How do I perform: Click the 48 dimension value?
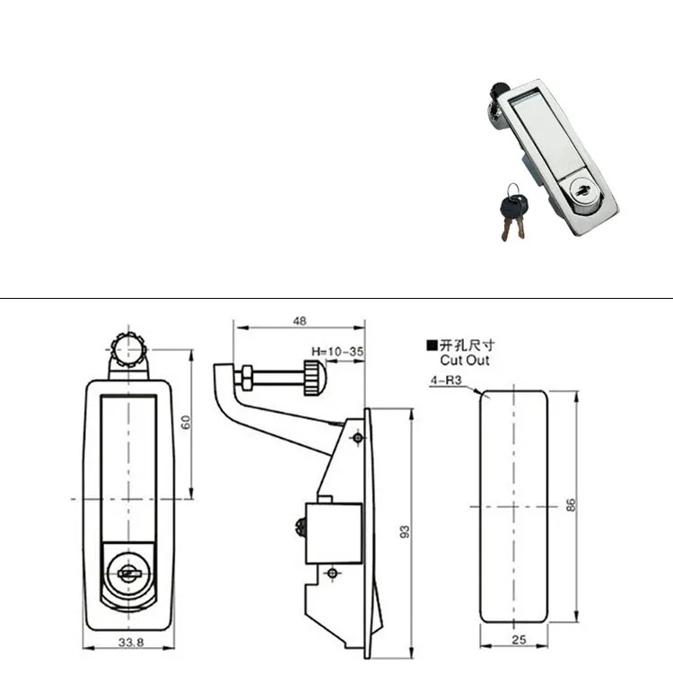pos(300,320)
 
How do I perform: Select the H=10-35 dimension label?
pos(337,352)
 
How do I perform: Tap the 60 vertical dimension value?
pos(186,423)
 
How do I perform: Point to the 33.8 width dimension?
pos(131,642)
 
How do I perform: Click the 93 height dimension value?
pos(405,532)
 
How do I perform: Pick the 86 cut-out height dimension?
pos(571,504)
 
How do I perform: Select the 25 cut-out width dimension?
pos(519,640)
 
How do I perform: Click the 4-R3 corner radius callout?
pos(445,380)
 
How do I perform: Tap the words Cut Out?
pos(465,360)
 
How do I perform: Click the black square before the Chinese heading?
pos(432,345)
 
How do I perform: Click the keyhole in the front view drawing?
pos(128,572)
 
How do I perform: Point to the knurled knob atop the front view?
pos(128,350)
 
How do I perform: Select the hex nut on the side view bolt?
pos(247,378)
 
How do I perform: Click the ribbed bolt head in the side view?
pos(316,378)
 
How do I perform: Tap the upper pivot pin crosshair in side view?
pos(358,438)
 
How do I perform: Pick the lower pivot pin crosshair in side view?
pos(332,572)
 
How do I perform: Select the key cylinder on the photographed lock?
pos(582,190)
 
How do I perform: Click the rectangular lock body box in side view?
pos(334,534)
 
